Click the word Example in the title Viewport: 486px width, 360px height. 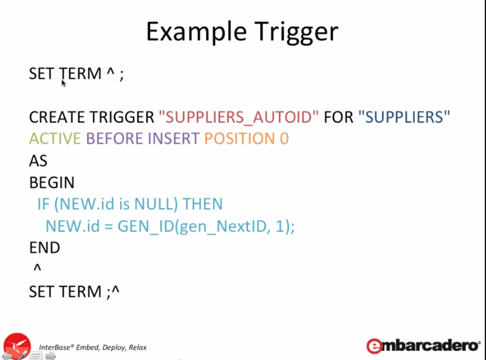196,32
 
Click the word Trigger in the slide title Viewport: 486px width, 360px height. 296,32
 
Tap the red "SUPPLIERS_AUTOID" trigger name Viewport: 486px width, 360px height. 239,117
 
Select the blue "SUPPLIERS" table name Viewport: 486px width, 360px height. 404,117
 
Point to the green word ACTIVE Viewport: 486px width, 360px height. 55,138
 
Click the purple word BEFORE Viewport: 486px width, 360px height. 114,138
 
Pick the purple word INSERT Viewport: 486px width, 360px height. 174,138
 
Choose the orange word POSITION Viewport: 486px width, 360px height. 239,138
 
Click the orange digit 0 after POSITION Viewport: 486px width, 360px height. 284,138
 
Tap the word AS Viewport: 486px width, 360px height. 38,161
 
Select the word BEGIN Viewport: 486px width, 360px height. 52,183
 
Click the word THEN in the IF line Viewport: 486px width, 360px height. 203,204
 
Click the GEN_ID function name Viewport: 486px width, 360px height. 146,226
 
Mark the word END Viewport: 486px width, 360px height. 44,248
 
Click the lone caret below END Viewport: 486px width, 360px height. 37,267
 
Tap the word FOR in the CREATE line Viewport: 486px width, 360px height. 338,117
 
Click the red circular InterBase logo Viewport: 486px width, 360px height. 17,346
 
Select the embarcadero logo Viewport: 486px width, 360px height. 423,346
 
